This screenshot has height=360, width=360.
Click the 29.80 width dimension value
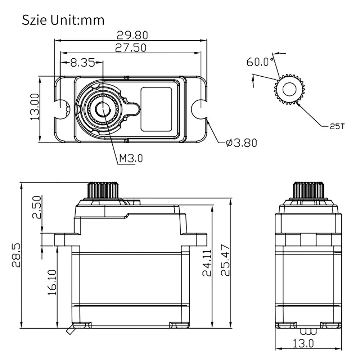[x=132, y=35]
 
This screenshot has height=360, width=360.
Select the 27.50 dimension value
[x=130, y=48]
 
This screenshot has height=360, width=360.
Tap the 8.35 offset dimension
[x=82, y=62]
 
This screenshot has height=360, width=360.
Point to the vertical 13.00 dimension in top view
[x=35, y=107]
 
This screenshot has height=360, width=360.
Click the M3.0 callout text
[x=131, y=158]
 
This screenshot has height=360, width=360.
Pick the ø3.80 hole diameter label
[x=241, y=143]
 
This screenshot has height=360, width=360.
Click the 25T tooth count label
[x=337, y=126]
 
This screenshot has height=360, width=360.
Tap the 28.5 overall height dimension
[x=16, y=255]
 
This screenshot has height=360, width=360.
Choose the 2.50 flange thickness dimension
[x=37, y=207]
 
